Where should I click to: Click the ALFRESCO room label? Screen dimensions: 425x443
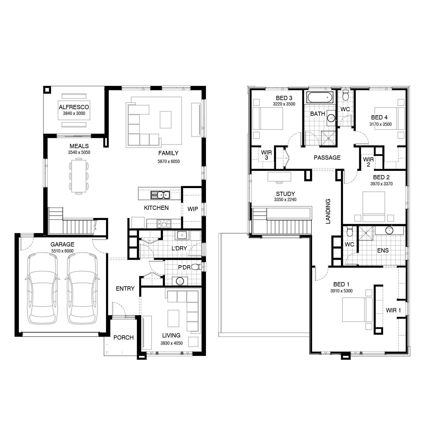coord(74,107)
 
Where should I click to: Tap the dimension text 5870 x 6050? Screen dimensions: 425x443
coord(169,161)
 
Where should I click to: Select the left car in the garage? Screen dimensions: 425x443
coord(43,288)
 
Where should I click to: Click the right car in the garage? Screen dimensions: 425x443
coord(82,288)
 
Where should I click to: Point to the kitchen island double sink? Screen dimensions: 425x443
coord(160,195)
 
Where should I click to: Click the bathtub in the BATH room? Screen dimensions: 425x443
coord(320,97)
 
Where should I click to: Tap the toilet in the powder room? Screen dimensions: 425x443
coord(196,267)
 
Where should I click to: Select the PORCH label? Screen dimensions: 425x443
coord(124,337)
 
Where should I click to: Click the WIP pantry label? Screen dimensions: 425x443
coord(193,209)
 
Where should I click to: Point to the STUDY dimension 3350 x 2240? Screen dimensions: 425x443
coord(285,199)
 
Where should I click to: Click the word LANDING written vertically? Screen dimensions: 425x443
coord(328,211)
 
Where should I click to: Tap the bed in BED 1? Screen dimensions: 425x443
coord(357,310)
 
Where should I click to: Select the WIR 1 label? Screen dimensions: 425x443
coord(393,310)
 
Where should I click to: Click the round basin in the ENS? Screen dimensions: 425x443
coord(389,230)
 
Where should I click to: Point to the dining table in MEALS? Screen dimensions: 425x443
coord(79,176)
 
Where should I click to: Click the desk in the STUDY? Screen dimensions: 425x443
coord(279,177)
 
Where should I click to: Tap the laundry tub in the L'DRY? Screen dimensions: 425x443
coord(182,235)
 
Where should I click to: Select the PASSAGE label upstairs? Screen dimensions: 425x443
coord(327,158)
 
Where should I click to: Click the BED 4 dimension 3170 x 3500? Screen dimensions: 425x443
coord(380,124)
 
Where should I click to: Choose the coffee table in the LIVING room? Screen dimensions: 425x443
coord(173,318)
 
